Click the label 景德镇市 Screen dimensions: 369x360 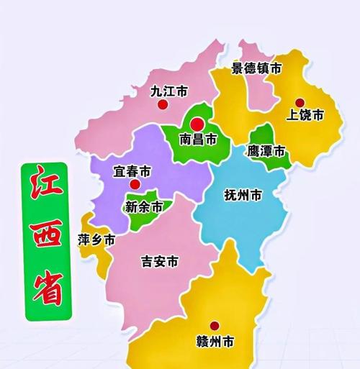point(256,69)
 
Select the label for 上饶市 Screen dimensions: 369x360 point(305,115)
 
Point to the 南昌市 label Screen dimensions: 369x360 point(197,139)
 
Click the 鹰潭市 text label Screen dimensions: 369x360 point(266,152)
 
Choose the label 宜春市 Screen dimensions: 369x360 point(132,172)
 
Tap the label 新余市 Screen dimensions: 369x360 point(144,207)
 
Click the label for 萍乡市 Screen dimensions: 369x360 point(96,241)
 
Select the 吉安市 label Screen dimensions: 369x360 point(159,262)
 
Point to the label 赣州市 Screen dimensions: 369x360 point(214,340)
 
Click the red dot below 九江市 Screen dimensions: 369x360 point(163,105)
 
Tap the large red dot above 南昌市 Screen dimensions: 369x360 point(197,123)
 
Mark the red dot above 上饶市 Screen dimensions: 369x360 point(300,102)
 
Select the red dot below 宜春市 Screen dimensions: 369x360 point(134,185)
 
